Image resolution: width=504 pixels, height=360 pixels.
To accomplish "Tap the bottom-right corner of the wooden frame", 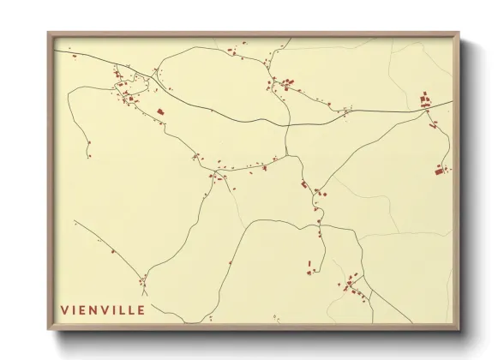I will tap(459, 330).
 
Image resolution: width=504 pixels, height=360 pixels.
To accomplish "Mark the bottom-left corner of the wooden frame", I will tap(49, 330).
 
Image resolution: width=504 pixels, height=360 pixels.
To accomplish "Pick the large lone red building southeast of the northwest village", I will tap(159, 111).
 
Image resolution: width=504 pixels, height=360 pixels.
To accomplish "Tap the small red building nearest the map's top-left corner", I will tap(74, 57).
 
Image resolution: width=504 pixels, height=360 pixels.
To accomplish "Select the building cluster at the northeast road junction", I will tap(425, 102).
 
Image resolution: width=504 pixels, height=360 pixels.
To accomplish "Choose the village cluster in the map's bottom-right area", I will tap(353, 285).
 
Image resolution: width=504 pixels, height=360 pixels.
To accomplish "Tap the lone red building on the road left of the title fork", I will tap(112, 251).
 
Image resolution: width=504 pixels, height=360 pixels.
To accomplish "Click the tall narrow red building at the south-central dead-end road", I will tap(309, 265).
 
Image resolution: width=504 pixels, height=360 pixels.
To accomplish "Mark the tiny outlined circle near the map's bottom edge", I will tap(277, 319).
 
